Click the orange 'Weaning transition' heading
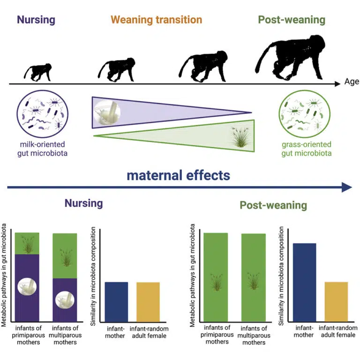click(156, 20)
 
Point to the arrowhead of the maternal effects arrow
click(347, 187)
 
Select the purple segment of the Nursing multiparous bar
click(64, 300)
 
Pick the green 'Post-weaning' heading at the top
click(292, 20)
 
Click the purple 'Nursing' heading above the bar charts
click(83, 203)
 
